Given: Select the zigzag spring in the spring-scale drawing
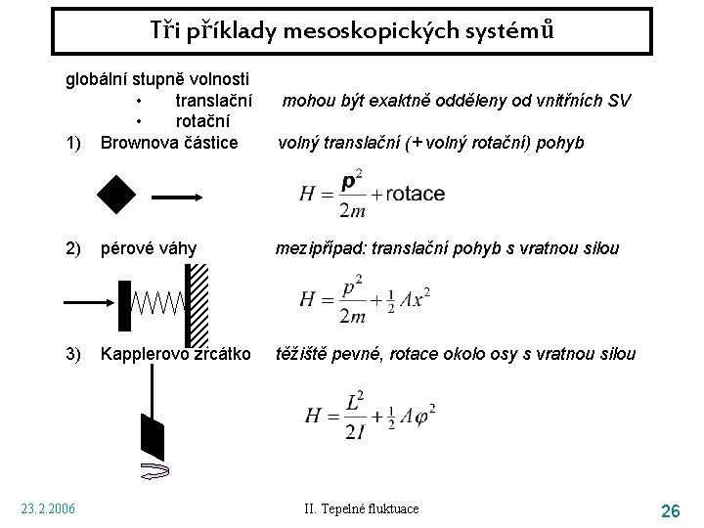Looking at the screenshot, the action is click(x=159, y=302).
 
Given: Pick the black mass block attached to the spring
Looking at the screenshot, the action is click(x=124, y=304).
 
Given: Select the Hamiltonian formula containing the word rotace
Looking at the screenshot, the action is click(x=371, y=194).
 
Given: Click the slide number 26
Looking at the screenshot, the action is click(x=671, y=510).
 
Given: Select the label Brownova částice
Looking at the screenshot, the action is click(x=168, y=143).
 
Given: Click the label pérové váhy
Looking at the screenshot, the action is click(x=149, y=248).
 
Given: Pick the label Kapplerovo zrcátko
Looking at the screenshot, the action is click(x=175, y=353).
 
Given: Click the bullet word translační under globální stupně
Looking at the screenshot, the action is click(x=213, y=100).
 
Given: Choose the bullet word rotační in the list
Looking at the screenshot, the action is click(x=203, y=121).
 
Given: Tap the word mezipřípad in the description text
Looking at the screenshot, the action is click(x=320, y=248).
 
